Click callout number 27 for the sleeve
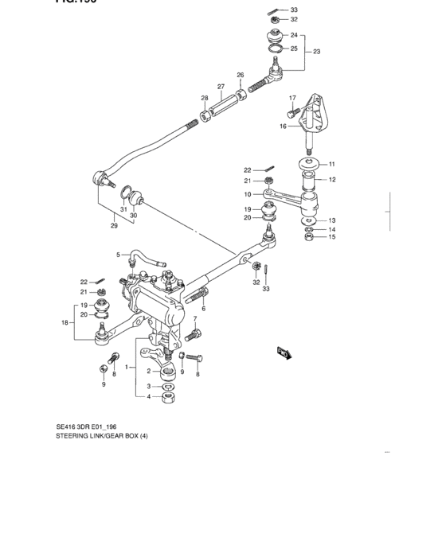221,86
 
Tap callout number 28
204,99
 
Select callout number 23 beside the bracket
316,52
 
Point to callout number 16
283,126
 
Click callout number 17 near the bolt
292,99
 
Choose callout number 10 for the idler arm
248,193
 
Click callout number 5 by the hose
117,255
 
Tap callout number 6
202,308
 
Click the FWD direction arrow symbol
282,351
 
